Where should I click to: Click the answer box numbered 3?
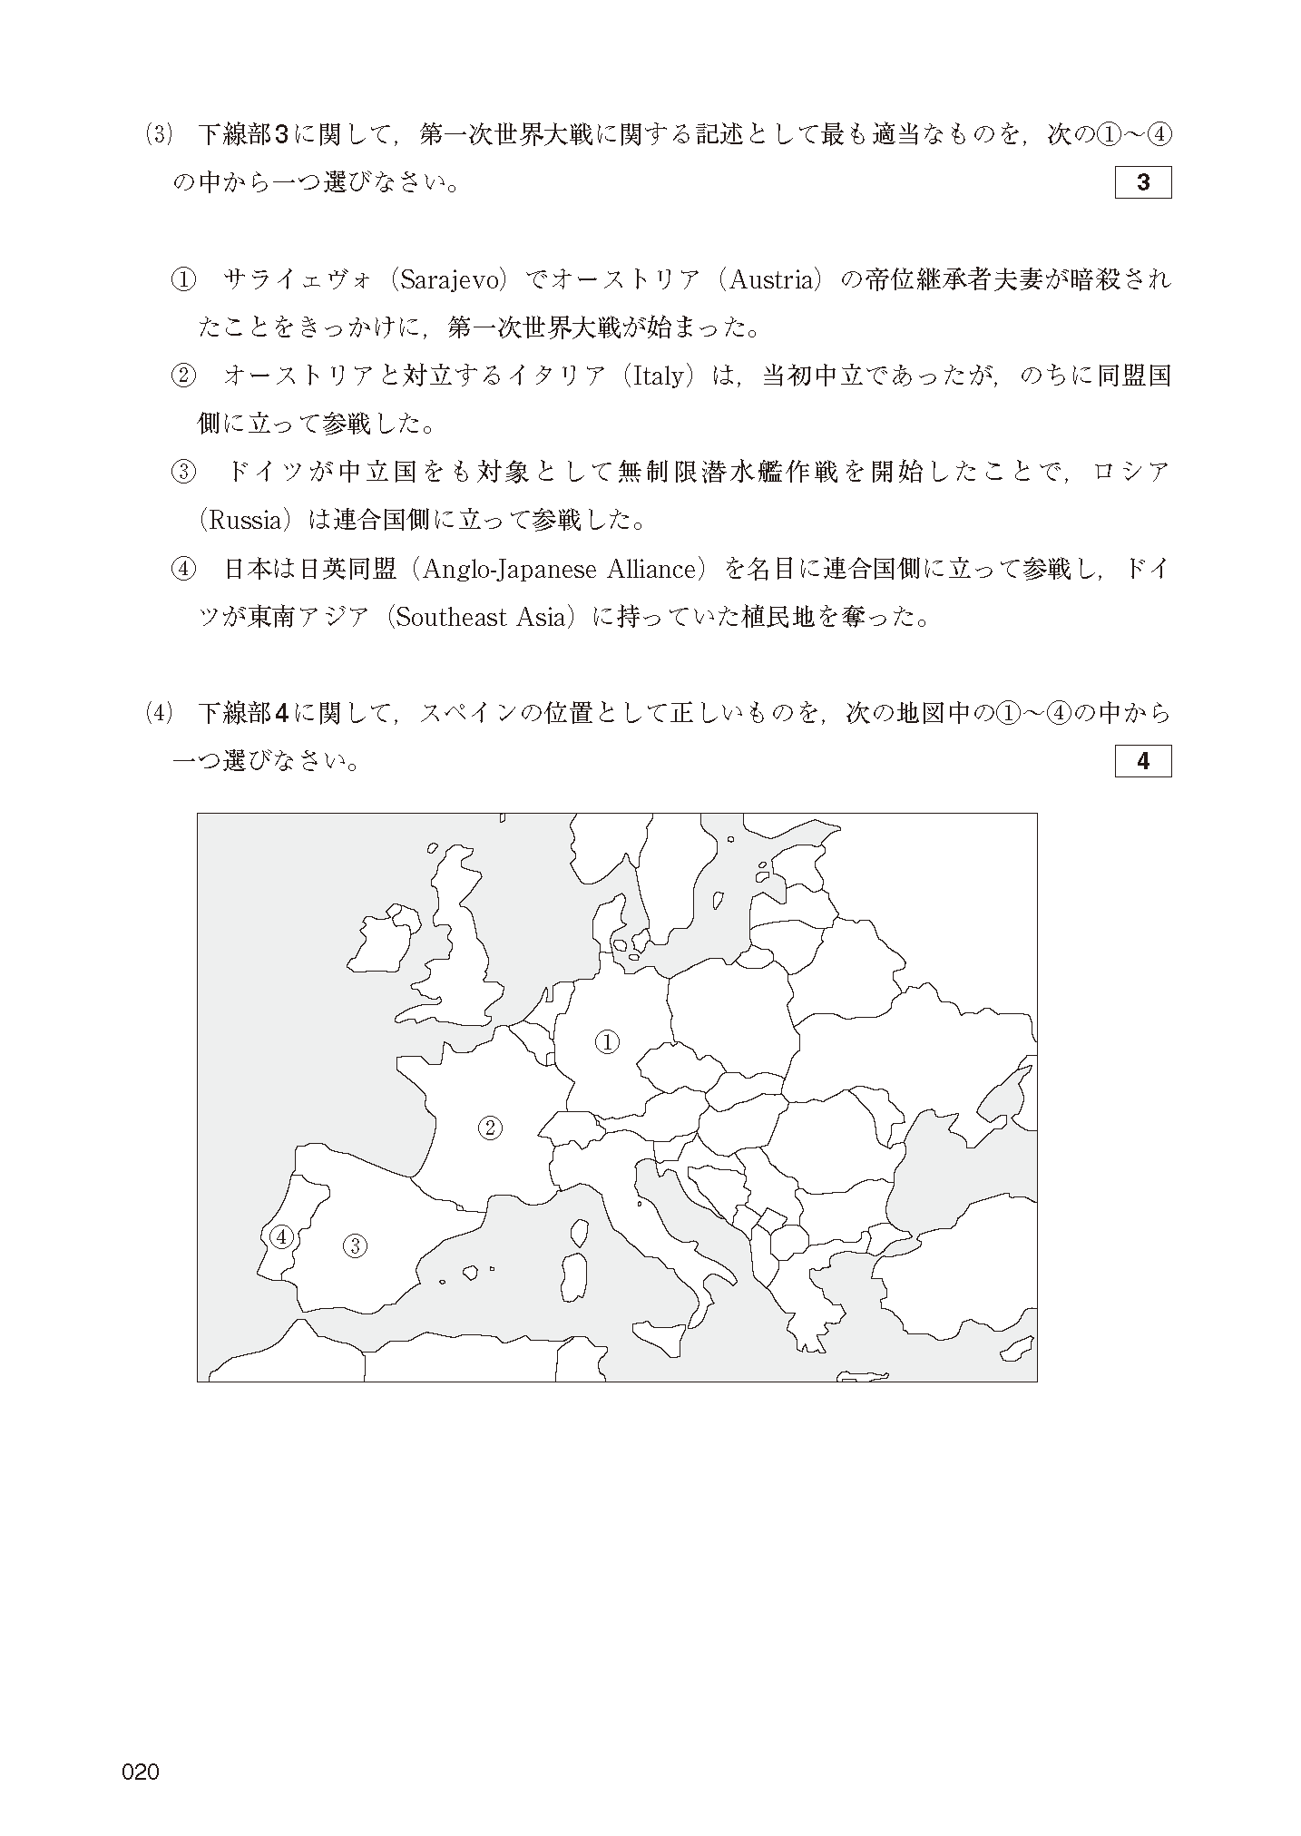coord(1142,182)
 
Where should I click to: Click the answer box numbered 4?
coord(1142,761)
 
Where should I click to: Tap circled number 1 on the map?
coord(607,1042)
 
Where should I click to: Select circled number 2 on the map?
coord(490,1128)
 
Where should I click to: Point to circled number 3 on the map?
coord(355,1246)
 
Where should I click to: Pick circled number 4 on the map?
coord(280,1236)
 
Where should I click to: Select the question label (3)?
coord(158,135)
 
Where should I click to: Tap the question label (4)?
coord(158,713)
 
